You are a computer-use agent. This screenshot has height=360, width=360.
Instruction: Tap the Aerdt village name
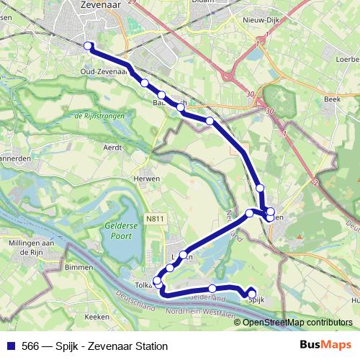[114, 146]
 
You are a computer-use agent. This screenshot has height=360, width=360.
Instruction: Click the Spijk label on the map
[256, 302]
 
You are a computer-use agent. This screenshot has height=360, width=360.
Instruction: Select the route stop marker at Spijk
[252, 292]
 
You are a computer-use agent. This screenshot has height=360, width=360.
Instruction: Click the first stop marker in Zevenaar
[89, 45]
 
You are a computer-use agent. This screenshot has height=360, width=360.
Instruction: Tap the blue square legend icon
[11, 346]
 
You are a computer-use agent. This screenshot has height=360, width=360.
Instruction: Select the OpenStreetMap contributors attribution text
[297, 323]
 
